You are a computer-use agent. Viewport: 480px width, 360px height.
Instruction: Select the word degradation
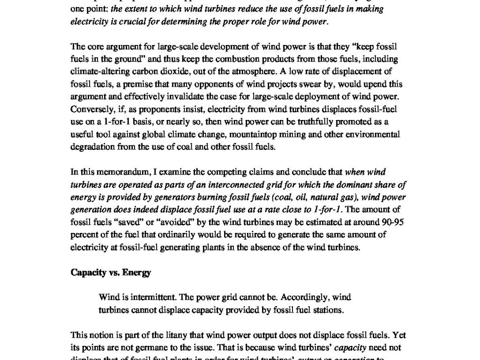pos(91,146)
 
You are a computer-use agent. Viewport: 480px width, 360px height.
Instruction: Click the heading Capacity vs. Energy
pos(111,272)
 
